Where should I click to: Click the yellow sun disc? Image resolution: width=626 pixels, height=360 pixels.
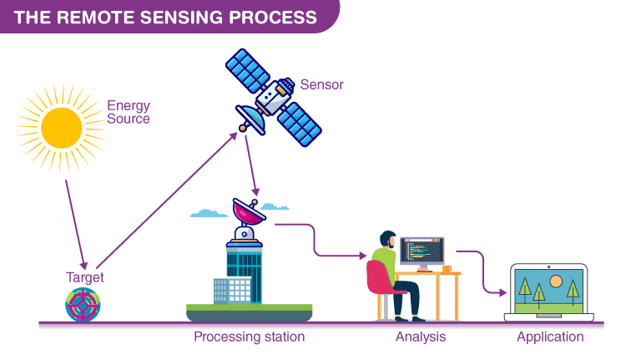click(62, 128)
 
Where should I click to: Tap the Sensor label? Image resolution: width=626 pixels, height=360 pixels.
click(322, 84)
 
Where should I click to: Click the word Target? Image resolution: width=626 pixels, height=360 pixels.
click(84, 277)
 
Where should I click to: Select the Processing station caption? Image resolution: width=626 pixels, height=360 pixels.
click(249, 337)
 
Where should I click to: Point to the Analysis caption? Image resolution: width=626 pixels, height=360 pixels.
click(421, 337)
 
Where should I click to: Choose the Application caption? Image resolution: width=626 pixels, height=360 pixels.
click(550, 337)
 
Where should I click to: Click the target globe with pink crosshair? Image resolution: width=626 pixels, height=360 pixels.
click(83, 305)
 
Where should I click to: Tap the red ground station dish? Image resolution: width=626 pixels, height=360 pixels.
click(249, 211)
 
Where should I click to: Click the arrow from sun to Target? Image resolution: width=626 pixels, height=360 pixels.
click(76, 225)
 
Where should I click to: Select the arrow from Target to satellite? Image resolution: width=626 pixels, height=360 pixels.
click(166, 200)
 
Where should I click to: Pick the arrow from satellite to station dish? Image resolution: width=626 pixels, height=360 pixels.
click(252, 165)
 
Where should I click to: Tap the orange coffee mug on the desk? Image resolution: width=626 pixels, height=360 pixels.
click(447, 269)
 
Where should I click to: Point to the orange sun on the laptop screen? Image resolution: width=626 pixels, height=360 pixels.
click(556, 281)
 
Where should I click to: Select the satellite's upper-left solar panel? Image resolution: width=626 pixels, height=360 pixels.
click(248, 71)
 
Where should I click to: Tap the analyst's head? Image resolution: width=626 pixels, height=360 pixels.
click(387, 240)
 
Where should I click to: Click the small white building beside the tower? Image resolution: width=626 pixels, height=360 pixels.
click(232, 291)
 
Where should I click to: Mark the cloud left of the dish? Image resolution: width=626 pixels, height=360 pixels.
click(209, 213)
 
